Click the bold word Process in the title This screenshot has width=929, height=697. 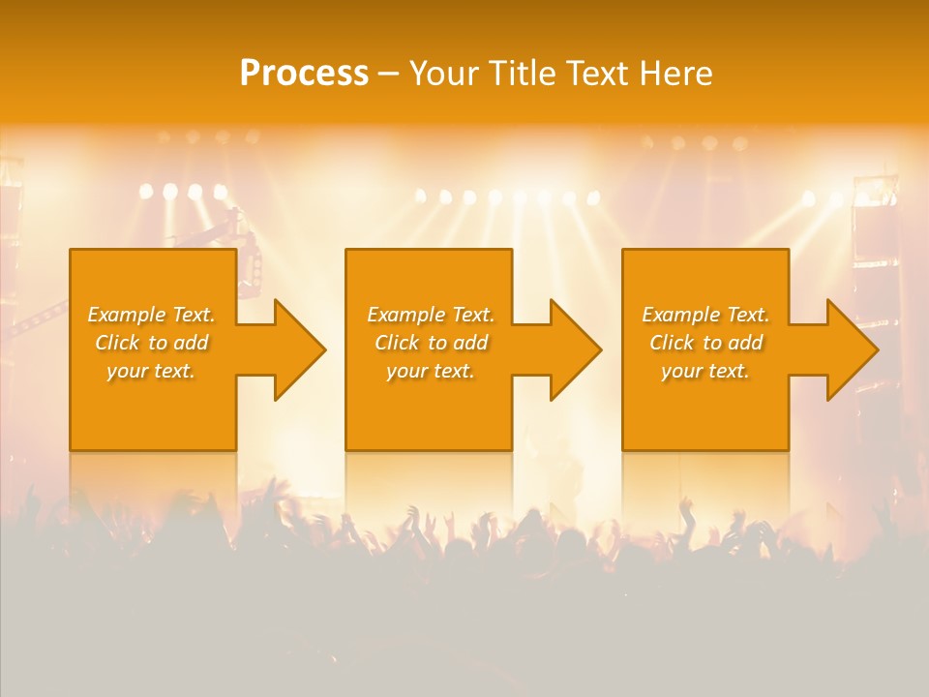304,74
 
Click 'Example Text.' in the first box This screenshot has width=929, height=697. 152,315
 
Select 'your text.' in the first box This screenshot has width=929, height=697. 152,371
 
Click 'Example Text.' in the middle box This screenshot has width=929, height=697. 431,315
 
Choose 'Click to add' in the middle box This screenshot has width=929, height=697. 431,343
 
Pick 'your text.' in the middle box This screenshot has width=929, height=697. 431,371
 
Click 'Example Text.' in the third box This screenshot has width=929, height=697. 705,315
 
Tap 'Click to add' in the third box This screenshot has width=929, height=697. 705,343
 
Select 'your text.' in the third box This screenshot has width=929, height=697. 705,371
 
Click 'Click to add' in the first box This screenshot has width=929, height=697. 152,343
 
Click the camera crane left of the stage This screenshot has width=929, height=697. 218,232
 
